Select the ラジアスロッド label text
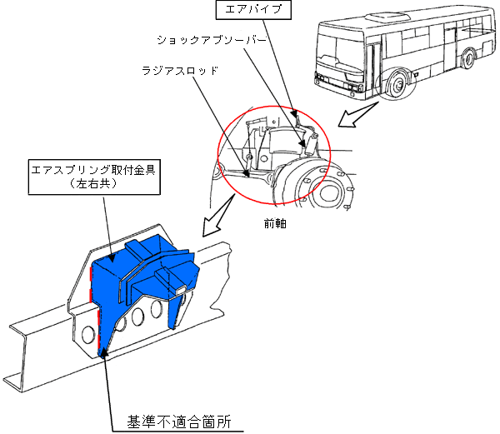click(178, 71)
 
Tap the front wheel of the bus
click(397, 83)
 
